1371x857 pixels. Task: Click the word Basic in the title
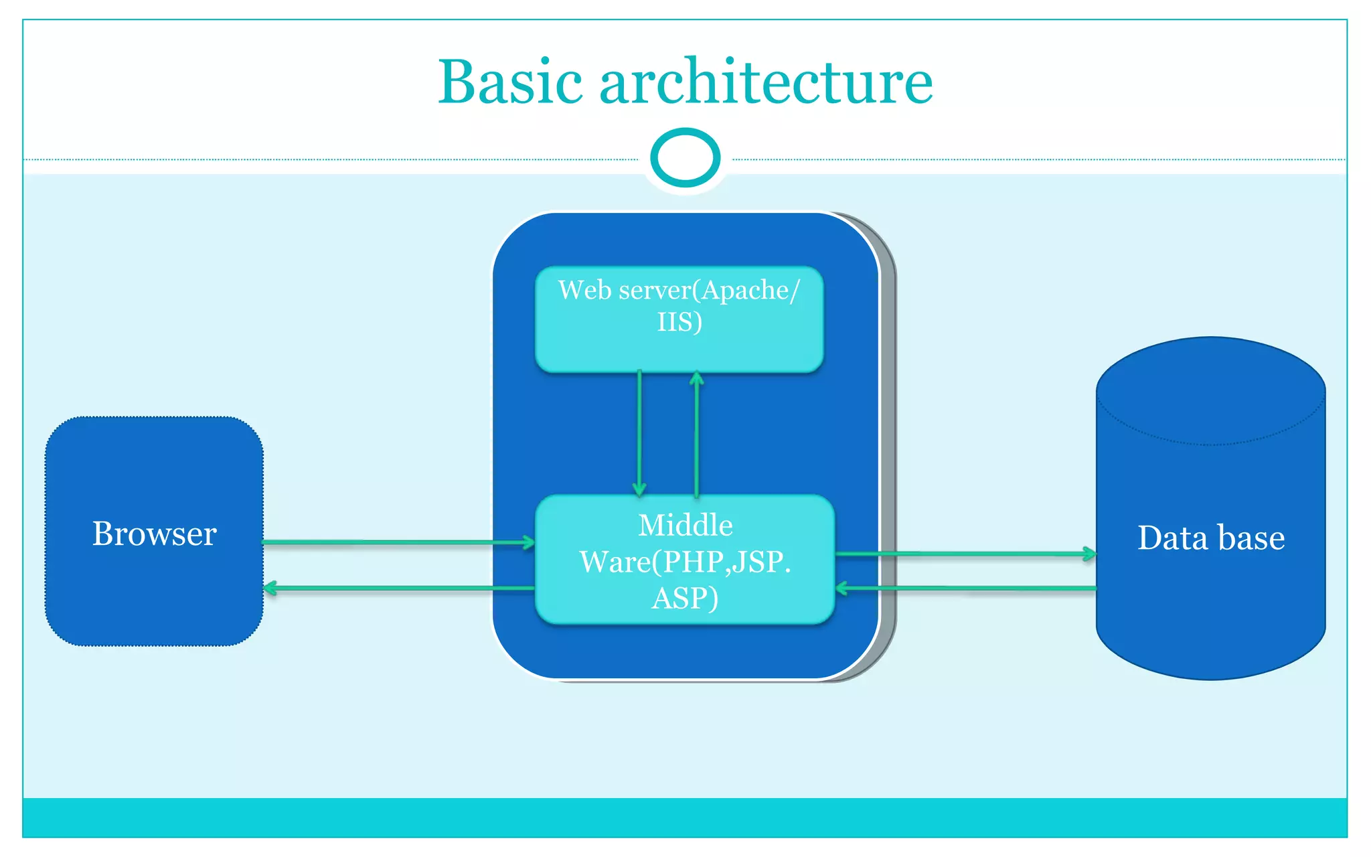(x=510, y=82)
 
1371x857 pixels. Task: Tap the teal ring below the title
(x=685, y=157)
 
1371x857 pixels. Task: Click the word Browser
(x=154, y=534)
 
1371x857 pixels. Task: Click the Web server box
(x=679, y=348)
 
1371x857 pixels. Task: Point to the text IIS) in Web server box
(x=679, y=322)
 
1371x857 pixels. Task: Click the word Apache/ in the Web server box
(x=750, y=291)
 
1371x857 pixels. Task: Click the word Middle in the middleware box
(x=685, y=526)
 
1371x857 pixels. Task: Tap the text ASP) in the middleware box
(x=685, y=598)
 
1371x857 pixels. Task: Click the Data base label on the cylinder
(x=1210, y=538)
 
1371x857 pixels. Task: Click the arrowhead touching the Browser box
(x=270, y=589)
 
